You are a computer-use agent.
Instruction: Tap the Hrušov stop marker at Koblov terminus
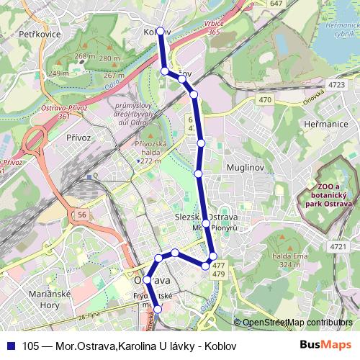click(161, 32)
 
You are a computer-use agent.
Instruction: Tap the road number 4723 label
click(336, 85)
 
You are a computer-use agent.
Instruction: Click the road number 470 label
click(265, 100)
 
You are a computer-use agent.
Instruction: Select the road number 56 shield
click(83, 215)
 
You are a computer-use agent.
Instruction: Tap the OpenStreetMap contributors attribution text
click(297, 322)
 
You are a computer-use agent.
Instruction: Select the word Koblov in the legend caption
click(221, 345)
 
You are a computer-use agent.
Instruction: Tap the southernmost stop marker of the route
click(159, 310)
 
